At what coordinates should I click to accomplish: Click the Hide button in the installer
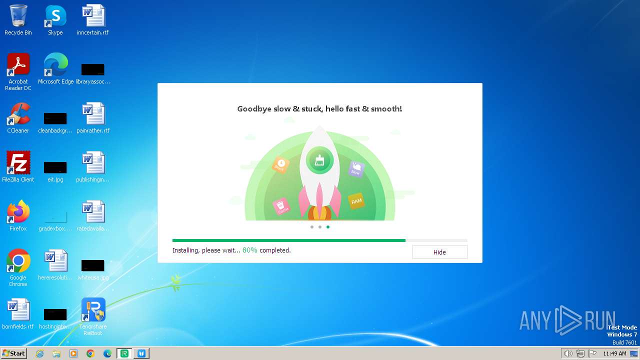(x=439, y=252)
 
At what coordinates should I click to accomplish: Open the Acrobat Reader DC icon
(x=18, y=65)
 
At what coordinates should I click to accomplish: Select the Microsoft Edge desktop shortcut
(x=55, y=65)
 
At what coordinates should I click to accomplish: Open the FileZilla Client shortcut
(x=18, y=163)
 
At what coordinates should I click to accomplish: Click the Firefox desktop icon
(x=18, y=212)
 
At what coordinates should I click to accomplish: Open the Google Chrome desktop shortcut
(x=18, y=261)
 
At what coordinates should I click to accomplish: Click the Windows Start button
(x=13, y=353)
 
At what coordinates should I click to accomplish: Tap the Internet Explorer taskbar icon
(x=40, y=353)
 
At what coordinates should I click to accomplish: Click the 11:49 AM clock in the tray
(x=614, y=353)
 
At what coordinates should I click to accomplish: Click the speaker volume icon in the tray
(x=568, y=353)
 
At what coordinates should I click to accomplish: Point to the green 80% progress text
(x=249, y=250)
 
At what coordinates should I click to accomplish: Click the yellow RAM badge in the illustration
(x=356, y=201)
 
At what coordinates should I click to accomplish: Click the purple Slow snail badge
(x=355, y=169)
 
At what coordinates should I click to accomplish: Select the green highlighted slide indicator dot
(x=328, y=227)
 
